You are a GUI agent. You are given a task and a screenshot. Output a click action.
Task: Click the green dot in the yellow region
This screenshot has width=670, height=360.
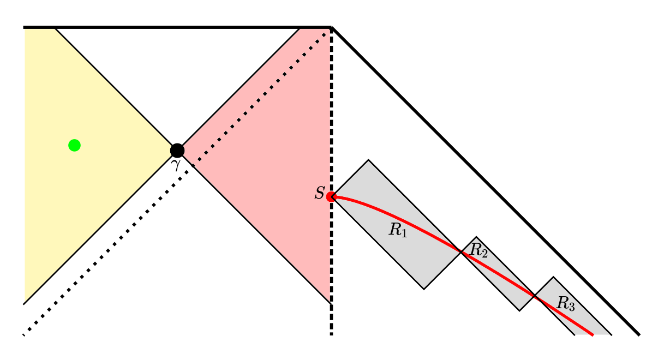75,145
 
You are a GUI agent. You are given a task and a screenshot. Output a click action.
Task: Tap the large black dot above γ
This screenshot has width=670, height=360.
177,151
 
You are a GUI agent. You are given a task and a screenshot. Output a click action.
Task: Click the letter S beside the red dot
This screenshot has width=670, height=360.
319,193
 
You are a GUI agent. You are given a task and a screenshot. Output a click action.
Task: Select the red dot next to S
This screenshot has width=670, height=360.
331,197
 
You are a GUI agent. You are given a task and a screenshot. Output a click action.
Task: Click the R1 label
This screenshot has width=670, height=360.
398,230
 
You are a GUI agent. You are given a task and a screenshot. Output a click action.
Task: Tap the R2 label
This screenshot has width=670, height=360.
478,250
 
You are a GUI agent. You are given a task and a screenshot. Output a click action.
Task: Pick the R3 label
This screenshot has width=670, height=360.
565,304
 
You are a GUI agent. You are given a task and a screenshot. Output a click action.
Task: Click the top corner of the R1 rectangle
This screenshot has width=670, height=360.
368,160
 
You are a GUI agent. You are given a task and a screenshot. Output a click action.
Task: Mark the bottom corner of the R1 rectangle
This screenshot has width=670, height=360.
424,289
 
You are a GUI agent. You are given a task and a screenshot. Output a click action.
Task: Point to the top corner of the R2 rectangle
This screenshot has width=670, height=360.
476,237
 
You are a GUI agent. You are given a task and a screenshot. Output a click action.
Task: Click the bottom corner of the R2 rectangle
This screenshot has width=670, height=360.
519,311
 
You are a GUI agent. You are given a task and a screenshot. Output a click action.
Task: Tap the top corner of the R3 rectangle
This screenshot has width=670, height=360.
553,277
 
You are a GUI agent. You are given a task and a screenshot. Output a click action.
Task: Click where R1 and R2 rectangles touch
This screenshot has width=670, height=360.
461,252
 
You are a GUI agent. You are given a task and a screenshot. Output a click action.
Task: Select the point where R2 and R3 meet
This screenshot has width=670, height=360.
535,296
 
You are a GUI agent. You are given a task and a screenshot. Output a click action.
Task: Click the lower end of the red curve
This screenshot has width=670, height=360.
593,335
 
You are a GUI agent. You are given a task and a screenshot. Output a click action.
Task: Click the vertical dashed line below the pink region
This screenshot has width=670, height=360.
331,319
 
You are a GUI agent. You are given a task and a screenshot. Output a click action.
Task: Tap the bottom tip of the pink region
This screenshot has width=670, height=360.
331,303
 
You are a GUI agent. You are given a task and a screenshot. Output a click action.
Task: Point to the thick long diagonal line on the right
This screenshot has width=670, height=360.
485,181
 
